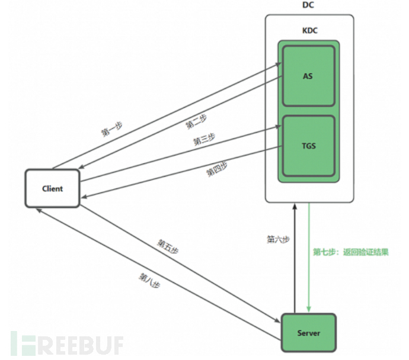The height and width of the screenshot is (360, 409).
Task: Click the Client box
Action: (x=52, y=188)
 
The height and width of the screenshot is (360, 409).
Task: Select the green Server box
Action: (x=308, y=333)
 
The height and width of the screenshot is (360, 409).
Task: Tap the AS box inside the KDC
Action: (x=308, y=76)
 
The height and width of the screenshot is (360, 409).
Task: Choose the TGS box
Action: (x=308, y=146)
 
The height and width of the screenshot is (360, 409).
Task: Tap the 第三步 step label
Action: (x=204, y=140)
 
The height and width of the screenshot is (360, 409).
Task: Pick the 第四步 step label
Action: (x=216, y=170)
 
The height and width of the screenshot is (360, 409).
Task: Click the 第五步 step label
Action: (x=168, y=245)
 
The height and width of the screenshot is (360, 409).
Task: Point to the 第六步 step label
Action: (x=278, y=239)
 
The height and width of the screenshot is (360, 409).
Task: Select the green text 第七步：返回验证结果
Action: (x=351, y=252)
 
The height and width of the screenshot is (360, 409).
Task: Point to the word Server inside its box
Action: (x=308, y=333)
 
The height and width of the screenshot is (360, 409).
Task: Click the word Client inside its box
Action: (x=52, y=188)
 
